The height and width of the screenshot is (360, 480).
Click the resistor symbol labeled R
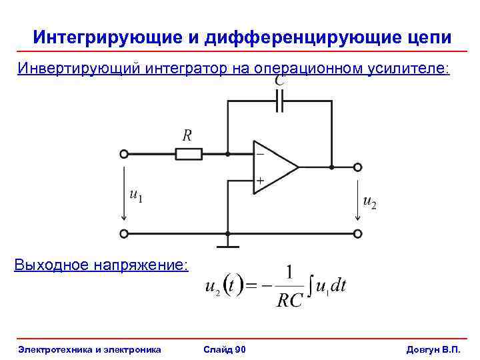(189, 154)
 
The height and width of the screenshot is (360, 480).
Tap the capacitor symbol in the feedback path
(279, 101)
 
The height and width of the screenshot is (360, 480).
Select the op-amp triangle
(273, 167)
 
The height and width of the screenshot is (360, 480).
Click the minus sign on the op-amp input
(260, 154)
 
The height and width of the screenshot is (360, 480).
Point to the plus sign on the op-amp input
(260, 180)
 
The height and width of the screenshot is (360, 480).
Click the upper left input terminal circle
(123, 154)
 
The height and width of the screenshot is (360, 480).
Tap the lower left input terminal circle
(123, 234)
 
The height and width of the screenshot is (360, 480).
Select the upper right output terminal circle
(358, 167)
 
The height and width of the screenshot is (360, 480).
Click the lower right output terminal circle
(358, 234)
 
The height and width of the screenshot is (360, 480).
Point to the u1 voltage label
(136, 196)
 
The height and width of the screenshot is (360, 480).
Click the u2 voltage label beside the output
(369, 201)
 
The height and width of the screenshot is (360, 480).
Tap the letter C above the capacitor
(280, 79)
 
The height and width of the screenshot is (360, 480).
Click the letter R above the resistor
(187, 135)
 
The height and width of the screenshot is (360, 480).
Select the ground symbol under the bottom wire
(228, 245)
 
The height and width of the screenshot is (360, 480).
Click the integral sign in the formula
(310, 287)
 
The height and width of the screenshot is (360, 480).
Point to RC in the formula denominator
(289, 301)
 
